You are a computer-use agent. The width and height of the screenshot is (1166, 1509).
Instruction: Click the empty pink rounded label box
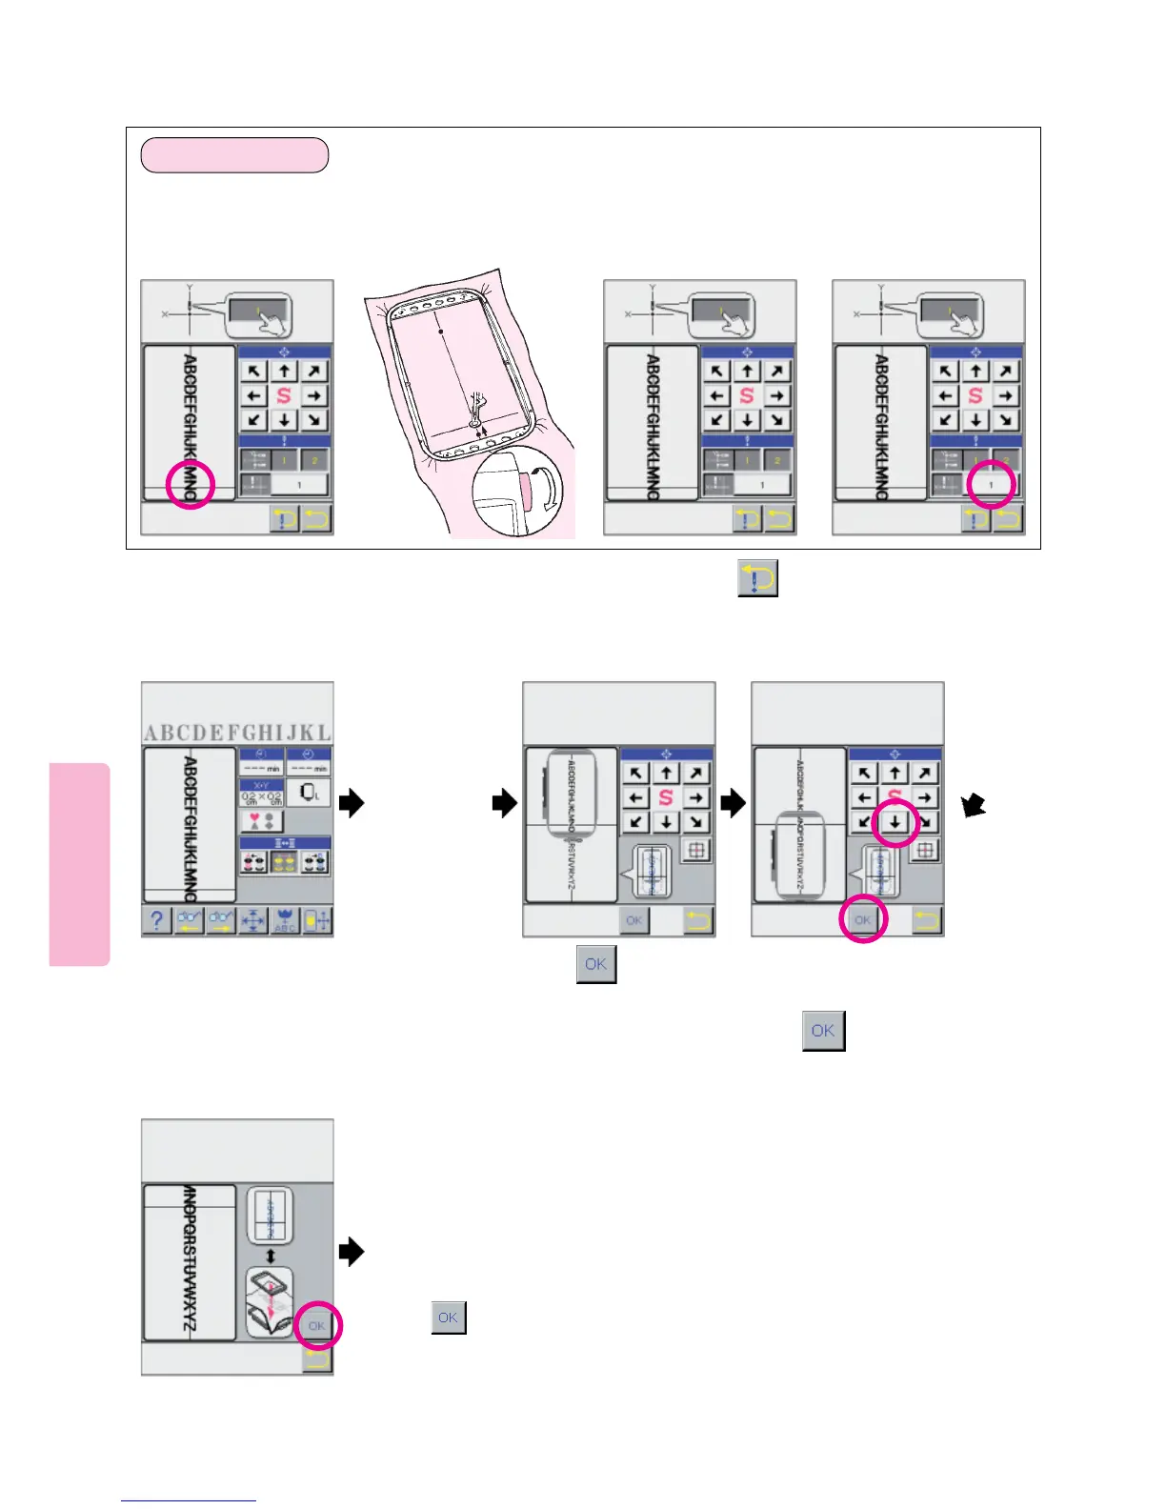point(234,155)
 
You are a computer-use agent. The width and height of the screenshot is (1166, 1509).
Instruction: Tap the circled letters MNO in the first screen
point(191,484)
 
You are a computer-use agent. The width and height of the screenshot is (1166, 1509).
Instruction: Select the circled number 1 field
point(991,484)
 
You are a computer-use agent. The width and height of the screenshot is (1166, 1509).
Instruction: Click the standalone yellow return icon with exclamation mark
point(757,578)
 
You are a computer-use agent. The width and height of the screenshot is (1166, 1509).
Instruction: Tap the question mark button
point(156,920)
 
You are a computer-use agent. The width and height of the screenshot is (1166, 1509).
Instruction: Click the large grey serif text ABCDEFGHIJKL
point(237,732)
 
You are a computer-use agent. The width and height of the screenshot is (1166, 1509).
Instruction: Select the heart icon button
point(261,820)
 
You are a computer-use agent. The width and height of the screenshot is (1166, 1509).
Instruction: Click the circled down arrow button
point(895,822)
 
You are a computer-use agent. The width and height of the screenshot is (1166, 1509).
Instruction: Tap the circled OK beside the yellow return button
point(863,920)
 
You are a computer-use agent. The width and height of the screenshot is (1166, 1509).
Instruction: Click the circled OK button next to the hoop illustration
point(317,1325)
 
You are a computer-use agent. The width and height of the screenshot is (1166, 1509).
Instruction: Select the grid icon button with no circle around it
point(696,851)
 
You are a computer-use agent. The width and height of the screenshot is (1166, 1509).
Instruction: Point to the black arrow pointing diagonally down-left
point(973,806)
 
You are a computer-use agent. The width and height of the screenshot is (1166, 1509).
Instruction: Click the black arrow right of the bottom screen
point(352,1251)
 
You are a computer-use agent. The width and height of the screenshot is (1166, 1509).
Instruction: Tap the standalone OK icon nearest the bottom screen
point(449,1318)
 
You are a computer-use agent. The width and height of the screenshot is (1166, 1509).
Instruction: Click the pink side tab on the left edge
point(80,864)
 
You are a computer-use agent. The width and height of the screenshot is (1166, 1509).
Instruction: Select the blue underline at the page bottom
point(189,1500)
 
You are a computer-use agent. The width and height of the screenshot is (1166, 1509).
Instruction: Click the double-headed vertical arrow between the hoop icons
point(271,1257)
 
